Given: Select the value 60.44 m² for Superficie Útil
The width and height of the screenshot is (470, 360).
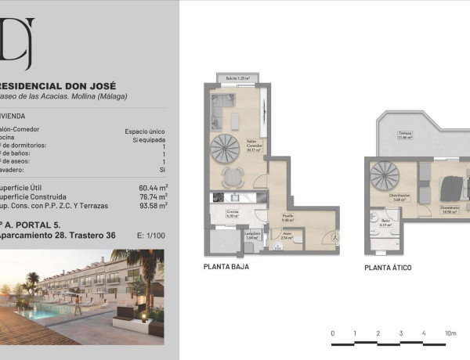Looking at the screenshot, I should click(x=154, y=188).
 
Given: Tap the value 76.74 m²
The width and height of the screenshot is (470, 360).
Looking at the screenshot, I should click(x=154, y=197).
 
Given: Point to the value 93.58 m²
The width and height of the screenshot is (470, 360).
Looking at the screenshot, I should click(x=154, y=207).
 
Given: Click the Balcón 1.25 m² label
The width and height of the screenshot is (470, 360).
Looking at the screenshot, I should click(x=237, y=78).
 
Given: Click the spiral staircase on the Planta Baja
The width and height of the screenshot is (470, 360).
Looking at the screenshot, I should click(x=228, y=147).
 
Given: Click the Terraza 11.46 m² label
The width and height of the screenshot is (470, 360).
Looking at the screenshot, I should click(x=405, y=135).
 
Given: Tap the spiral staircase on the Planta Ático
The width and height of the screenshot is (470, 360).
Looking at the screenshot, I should click(x=385, y=173).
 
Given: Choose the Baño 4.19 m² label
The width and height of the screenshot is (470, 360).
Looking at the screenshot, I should click(x=385, y=222).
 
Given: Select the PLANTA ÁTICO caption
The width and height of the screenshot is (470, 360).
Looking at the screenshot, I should click(x=388, y=267).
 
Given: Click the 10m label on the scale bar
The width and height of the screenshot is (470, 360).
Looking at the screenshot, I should click(x=450, y=333).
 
